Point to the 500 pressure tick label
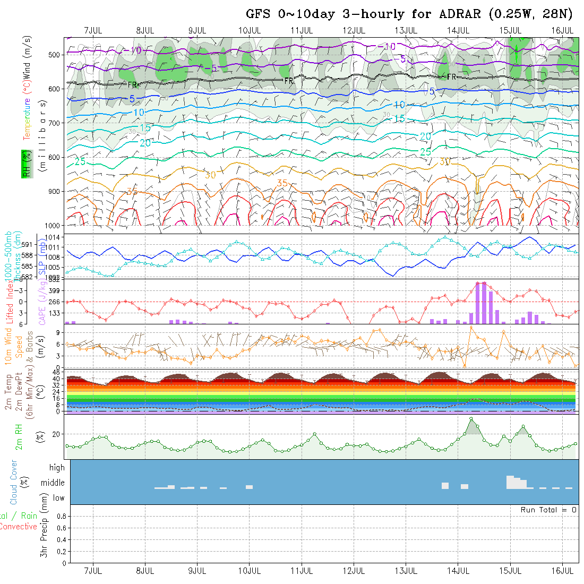click(x=57, y=54)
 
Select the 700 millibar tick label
click(x=57, y=123)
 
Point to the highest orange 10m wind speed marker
click(x=471, y=327)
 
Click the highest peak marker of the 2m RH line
click(x=471, y=419)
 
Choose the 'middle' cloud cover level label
click(x=53, y=483)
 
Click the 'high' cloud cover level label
click(x=57, y=468)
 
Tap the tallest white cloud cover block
click(x=511, y=482)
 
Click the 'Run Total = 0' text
click(x=548, y=510)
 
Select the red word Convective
click(x=19, y=527)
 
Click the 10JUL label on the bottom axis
click(x=250, y=571)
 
